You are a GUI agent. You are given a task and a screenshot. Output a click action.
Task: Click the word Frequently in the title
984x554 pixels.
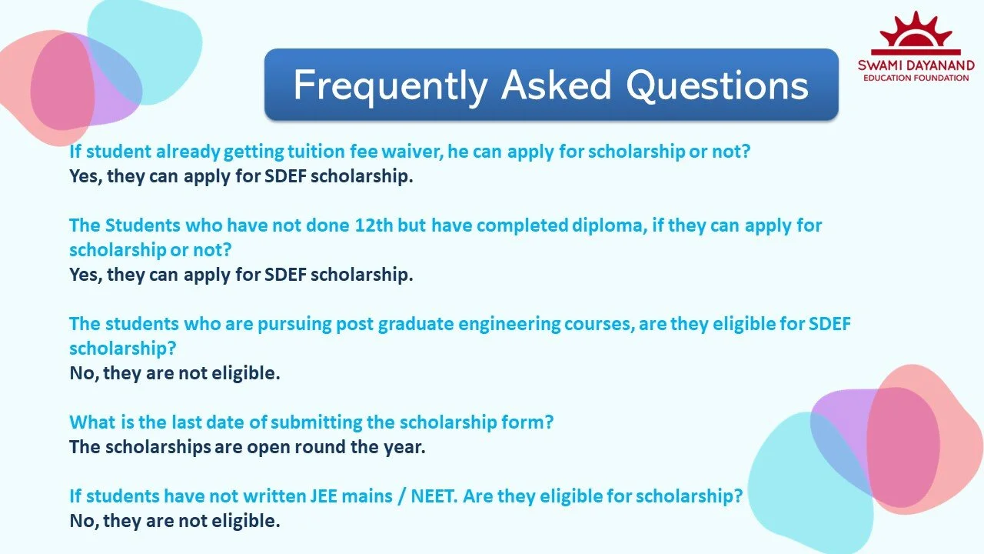point(391,85)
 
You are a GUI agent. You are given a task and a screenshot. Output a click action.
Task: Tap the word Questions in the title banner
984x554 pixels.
point(716,85)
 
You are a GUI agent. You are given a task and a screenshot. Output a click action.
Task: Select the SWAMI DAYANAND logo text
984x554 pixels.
point(916,65)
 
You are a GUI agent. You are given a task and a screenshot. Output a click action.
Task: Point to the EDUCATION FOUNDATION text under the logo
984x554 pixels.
point(916,78)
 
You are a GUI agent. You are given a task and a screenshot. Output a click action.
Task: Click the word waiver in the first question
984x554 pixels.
point(411,152)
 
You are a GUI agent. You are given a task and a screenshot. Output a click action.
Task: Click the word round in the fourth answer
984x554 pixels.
point(321,447)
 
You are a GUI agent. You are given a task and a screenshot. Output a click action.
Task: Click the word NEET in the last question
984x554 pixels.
point(433,496)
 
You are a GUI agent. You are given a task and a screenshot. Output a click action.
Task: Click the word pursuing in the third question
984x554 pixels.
point(295,324)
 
